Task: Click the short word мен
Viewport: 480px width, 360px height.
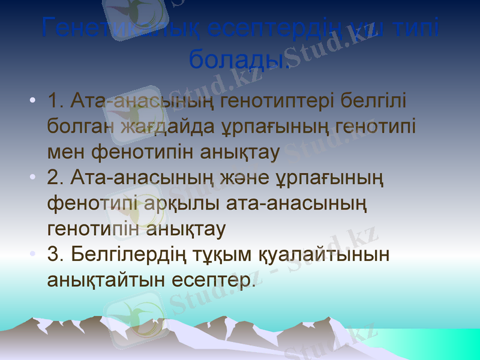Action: [67, 152]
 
